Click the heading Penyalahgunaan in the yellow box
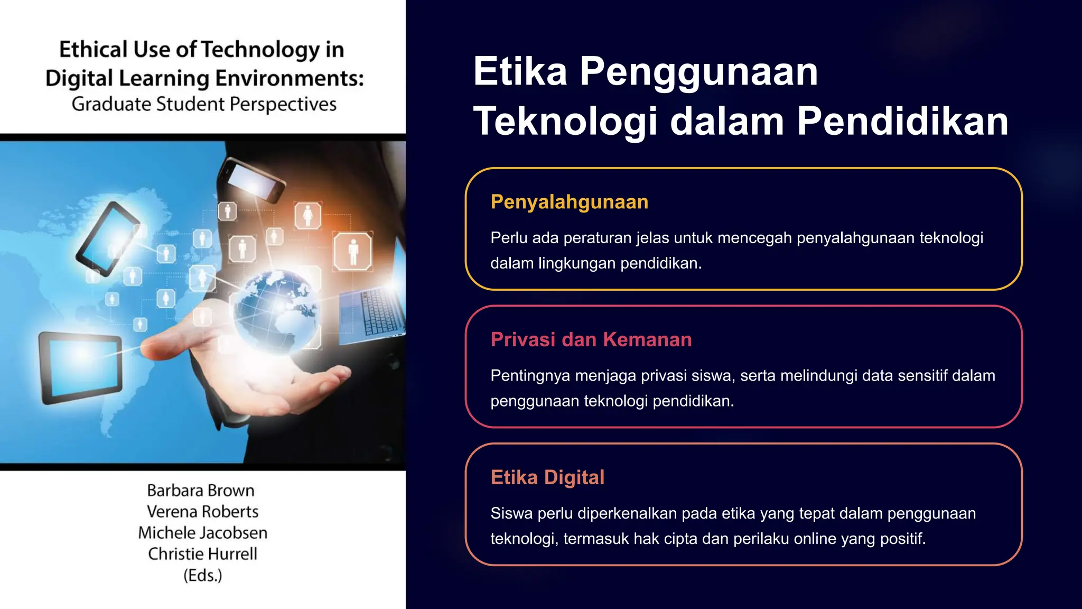[569, 202]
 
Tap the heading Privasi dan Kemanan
[591, 339]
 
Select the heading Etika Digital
[547, 477]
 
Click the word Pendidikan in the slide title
[902, 121]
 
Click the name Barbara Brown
[201, 491]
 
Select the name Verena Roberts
[202, 512]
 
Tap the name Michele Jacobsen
[202, 533]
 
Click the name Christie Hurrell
[202, 554]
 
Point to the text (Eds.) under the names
[202, 575]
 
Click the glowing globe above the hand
[275, 307]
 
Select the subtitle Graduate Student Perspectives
[204, 104]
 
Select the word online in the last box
[815, 539]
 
